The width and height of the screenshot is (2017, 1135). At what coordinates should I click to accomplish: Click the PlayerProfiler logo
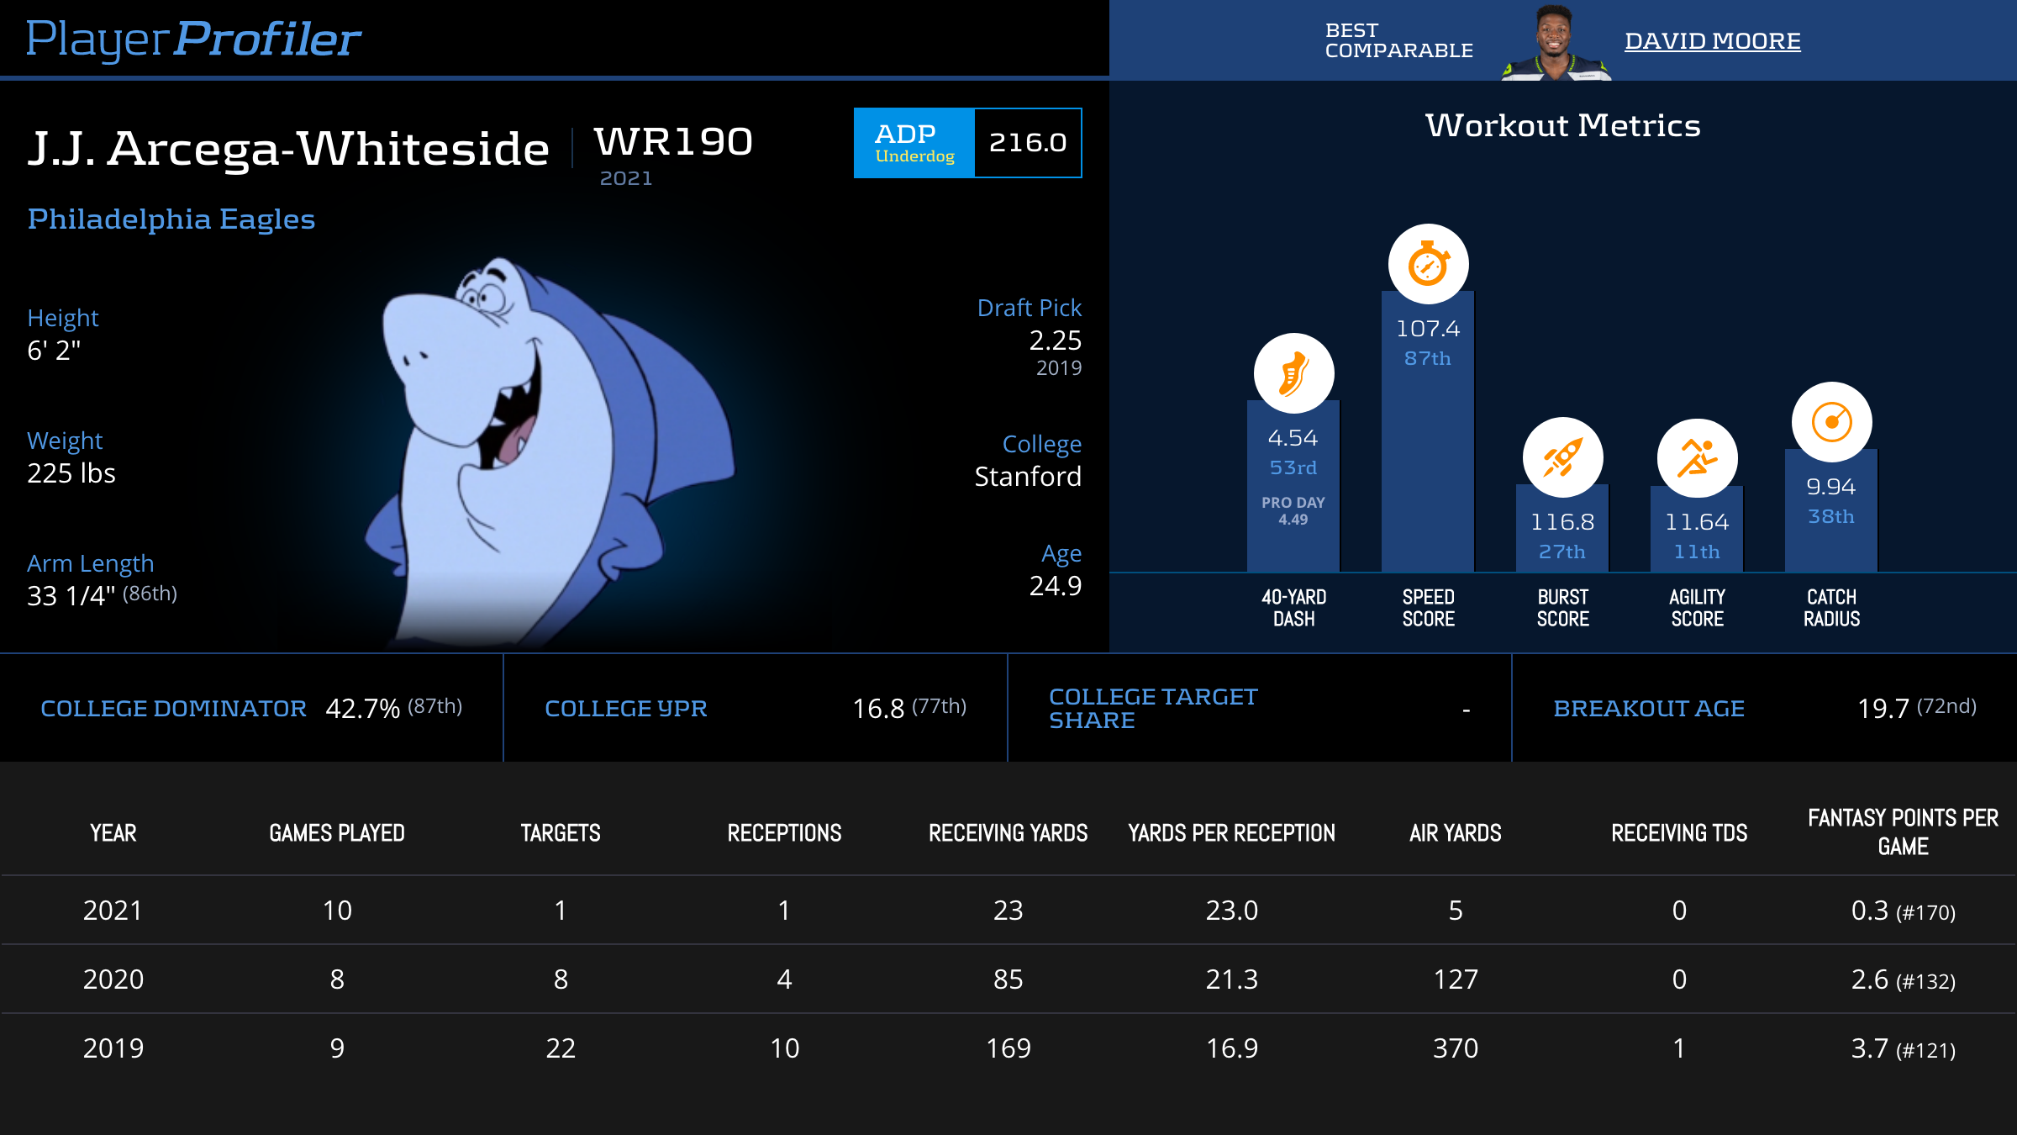193,39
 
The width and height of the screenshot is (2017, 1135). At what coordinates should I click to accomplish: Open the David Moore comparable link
1712,41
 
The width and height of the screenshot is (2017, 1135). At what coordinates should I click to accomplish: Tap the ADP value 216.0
1027,143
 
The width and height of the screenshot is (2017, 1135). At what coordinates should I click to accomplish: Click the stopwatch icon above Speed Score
1428,264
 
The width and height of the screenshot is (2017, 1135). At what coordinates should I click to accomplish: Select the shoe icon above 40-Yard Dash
1293,373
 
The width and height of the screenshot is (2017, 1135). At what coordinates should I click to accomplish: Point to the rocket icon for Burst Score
1562,457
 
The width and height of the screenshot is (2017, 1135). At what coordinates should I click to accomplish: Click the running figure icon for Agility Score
1697,458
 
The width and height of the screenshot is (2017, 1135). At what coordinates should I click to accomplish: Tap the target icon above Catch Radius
1831,422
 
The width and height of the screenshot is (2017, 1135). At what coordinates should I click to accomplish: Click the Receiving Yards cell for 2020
1008,979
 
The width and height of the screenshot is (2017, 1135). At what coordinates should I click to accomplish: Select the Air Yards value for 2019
1455,1048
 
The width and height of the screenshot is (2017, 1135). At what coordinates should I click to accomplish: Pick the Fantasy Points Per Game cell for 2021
1903,911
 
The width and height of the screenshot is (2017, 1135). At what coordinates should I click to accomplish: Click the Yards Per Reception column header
1231,833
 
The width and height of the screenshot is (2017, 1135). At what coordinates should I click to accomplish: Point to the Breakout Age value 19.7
1883,709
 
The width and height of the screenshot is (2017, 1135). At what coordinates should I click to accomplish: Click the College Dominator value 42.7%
362,709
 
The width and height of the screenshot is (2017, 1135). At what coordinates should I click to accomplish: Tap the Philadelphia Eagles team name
171,219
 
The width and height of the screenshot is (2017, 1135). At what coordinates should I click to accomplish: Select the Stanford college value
1027,477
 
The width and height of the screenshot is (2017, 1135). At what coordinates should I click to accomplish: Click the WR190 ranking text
673,141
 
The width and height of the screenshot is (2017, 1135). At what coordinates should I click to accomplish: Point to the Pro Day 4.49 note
1293,511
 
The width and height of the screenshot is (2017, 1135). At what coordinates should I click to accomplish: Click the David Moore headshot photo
1555,42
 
